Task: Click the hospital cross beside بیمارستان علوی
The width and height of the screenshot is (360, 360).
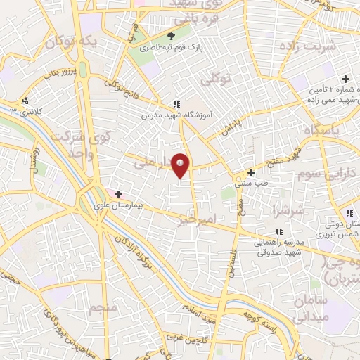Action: [118, 194]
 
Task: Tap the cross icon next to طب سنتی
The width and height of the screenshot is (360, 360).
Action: [251, 172]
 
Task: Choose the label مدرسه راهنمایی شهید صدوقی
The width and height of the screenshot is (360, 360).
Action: [278, 243]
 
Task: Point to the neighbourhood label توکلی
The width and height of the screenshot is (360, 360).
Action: [215, 80]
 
